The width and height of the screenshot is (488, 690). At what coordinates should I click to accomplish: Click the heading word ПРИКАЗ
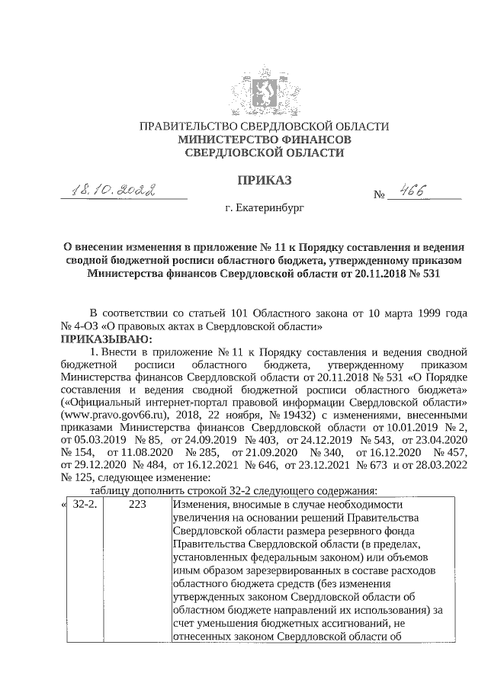pos(265,180)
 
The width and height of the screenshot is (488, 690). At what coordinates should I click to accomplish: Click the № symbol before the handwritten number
pos(380,195)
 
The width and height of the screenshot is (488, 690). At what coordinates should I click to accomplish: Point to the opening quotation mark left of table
pos(63,505)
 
